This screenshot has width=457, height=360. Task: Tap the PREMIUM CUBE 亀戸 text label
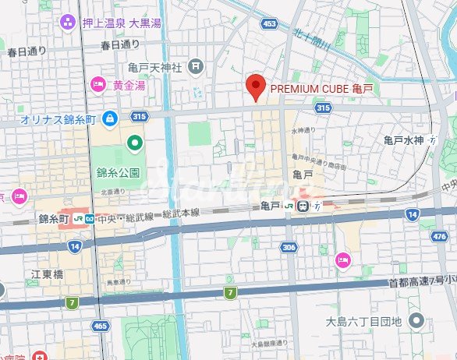(x=321, y=90)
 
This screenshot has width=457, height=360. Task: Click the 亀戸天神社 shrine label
(x=155, y=68)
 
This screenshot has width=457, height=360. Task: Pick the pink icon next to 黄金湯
(x=98, y=85)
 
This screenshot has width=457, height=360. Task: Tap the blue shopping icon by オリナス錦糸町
(x=110, y=119)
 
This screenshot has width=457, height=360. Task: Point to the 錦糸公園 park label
(x=117, y=171)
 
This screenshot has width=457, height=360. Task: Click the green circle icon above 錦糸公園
(x=135, y=143)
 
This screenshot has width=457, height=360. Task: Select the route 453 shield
(x=269, y=25)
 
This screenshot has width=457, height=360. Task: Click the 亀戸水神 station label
(x=403, y=140)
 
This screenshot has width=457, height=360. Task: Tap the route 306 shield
(x=289, y=247)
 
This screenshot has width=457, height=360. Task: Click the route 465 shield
(x=99, y=326)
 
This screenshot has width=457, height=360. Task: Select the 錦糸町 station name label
(x=55, y=220)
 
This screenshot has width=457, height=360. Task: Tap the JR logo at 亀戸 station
(x=289, y=206)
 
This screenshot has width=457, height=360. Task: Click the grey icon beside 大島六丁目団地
(x=416, y=320)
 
